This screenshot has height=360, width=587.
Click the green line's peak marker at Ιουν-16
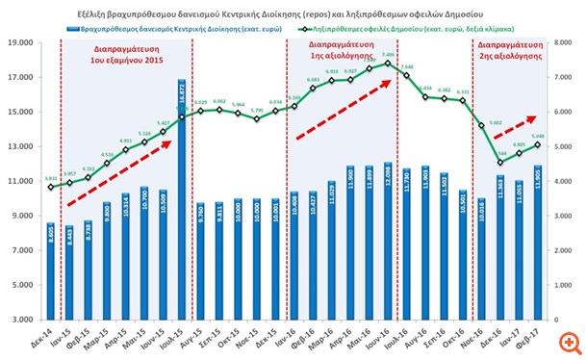click(x=387, y=64)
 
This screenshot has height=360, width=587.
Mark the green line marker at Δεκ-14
click(x=50, y=187)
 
